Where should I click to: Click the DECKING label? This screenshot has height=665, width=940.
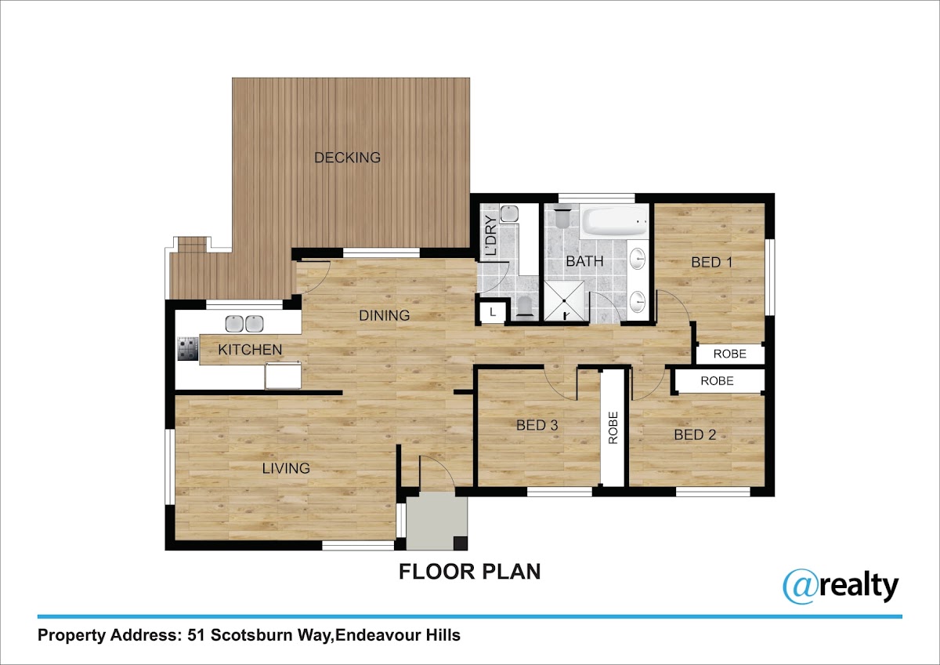coord(348,158)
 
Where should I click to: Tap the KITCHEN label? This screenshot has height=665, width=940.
coord(250,350)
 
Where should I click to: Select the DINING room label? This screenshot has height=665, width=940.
coord(385,315)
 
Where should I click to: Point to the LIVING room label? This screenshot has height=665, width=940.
coord(286,468)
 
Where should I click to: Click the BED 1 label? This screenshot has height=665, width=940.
coord(712,263)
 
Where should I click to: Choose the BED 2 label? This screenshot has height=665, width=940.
coord(695,434)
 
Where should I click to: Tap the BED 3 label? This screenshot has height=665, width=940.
coord(537,425)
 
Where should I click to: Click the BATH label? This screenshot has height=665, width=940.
coord(584,261)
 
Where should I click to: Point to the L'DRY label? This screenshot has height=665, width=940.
coord(491,236)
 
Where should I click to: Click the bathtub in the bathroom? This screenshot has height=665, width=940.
coord(615,221)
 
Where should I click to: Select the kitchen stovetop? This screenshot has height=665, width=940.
coord(187,349)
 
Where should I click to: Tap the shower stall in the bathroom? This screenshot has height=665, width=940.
coord(565,301)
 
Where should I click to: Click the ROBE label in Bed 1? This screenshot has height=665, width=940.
coord(730,354)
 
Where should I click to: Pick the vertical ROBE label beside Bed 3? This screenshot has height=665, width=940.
coord(613,427)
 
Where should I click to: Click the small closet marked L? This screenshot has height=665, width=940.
coord(493,312)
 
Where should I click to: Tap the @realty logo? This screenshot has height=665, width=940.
coord(841,587)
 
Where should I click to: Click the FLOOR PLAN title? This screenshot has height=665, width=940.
coord(469,572)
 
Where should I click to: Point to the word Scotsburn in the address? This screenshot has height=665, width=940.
coord(251,634)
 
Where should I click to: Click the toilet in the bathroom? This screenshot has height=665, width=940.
coord(563,216)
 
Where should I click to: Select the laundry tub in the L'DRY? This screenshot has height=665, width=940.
coord(509,214)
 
